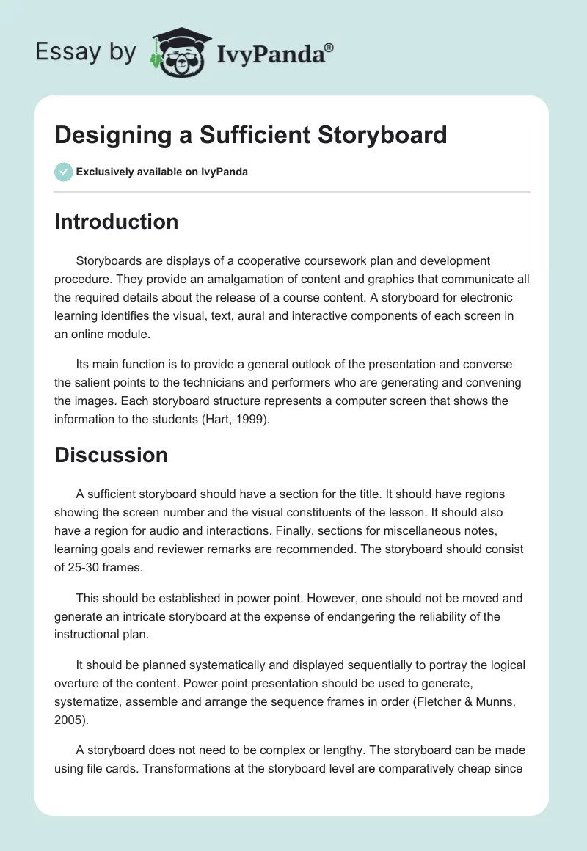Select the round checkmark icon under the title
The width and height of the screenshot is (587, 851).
pyautogui.click(x=63, y=172)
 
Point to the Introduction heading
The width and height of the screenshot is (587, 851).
pyautogui.click(x=116, y=222)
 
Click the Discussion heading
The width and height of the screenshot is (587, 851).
pyautogui.click(x=111, y=455)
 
